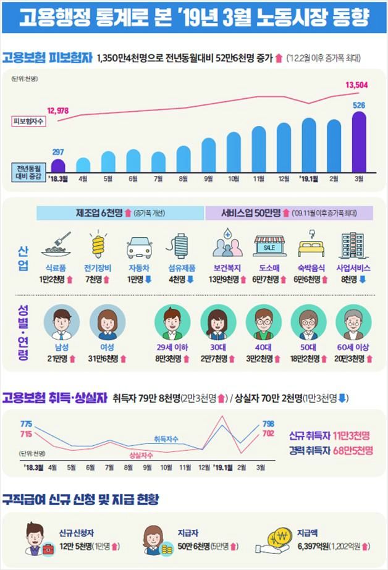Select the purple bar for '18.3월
point(58,166)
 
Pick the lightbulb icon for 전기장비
point(96,245)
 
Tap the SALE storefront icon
point(269,246)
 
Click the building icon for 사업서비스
point(353,245)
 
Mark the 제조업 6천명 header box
point(120,212)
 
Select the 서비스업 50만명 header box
point(289,212)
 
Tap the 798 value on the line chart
point(268,424)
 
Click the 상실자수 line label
point(141,455)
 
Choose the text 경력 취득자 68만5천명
point(331,450)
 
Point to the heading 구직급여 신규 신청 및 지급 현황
point(80,498)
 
